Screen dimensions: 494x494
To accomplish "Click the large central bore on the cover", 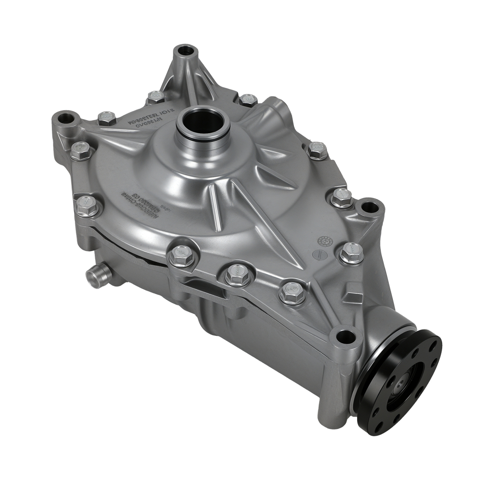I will pos(203,122).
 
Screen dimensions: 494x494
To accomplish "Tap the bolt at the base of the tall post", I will pos(156,96).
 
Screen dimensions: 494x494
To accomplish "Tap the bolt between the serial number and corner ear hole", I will pos(106,118).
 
